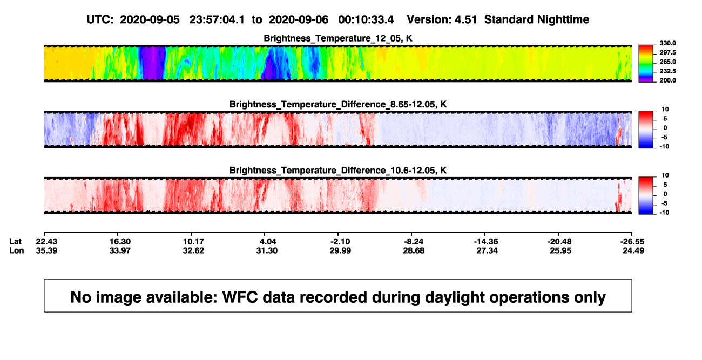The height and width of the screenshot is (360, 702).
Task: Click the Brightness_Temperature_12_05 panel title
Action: tap(338, 38)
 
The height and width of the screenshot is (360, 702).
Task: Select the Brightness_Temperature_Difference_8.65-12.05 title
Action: tap(338, 104)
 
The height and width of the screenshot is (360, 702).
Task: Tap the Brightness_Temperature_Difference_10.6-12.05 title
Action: tap(338, 171)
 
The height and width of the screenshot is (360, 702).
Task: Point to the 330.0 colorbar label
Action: tap(667, 43)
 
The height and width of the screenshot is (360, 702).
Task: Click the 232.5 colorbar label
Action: tap(667, 71)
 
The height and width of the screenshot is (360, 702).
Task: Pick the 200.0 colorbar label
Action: tap(667, 80)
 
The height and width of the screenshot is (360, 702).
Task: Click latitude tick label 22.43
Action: tap(46, 242)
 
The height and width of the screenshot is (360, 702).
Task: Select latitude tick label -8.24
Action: tap(414, 242)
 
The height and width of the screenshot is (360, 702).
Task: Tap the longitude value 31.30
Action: tap(267, 250)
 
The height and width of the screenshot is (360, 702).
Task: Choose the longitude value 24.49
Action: tap(633, 250)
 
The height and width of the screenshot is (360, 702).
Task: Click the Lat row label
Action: tap(15, 242)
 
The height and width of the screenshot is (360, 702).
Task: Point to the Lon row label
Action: tap(17, 250)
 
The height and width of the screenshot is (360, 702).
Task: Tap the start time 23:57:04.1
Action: tap(217, 20)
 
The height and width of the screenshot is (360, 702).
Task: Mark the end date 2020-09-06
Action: tap(298, 20)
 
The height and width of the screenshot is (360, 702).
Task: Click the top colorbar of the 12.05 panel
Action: tap(646, 64)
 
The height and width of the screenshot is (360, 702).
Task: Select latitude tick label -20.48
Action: tap(559, 242)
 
